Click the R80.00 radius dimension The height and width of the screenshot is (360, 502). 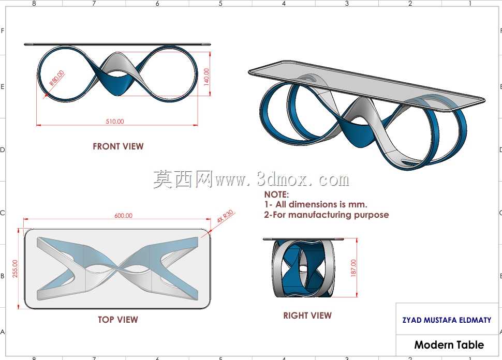coord(56,78)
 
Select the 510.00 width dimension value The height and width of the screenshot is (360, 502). coord(115,121)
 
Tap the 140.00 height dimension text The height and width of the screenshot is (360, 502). coord(206,77)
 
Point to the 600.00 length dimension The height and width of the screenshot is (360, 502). coord(123,216)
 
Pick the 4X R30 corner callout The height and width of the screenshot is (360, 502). coord(226,216)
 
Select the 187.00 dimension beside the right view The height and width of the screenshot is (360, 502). coord(353,268)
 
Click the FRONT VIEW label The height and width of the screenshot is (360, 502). coord(118,146)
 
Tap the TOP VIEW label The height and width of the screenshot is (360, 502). coord(118,319)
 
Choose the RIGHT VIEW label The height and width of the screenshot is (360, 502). coord(307,316)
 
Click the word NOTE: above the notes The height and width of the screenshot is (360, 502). coord(276,194)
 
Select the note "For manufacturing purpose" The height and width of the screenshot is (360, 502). coord(331,215)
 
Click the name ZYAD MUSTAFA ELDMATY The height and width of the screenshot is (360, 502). coord(447,320)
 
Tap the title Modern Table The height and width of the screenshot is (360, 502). coord(449,344)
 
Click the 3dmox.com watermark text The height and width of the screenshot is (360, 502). coord(282,179)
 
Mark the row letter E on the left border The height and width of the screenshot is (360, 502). coord(3,87)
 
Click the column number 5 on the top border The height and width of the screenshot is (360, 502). coord(220,3)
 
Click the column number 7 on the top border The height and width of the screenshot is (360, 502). coord(94,3)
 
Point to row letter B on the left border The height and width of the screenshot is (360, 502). coord(3,276)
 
